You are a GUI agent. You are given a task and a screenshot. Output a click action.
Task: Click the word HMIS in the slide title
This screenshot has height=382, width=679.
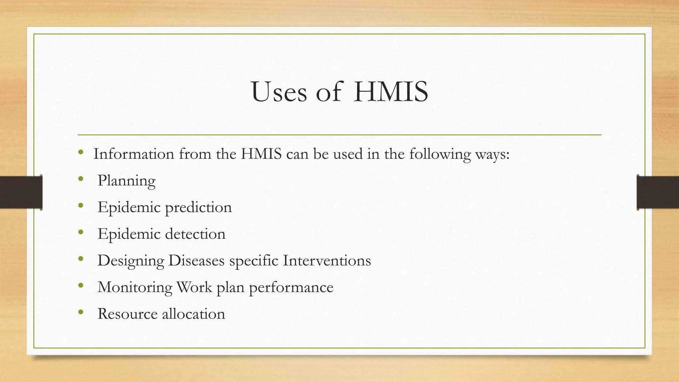(391, 92)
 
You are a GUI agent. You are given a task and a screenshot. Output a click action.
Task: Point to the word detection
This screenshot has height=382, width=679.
(195, 234)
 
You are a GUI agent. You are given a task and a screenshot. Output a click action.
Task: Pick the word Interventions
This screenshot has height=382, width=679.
(327, 260)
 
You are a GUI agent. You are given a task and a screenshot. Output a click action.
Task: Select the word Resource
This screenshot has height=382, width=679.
(127, 314)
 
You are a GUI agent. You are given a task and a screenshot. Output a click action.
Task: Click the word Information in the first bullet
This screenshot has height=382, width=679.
(134, 154)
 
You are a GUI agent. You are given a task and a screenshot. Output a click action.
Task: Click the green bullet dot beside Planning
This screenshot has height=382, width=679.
(81, 179)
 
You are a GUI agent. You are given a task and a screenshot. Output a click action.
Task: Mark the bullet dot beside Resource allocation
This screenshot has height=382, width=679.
(81, 312)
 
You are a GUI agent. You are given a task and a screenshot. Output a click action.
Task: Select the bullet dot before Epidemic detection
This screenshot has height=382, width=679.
(81, 232)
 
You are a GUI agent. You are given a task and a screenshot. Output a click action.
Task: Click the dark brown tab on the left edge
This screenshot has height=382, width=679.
(21, 192)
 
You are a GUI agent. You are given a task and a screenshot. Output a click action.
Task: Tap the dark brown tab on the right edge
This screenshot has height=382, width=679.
(658, 192)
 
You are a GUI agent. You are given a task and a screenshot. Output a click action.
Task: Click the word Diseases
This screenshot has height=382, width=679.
(196, 260)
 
